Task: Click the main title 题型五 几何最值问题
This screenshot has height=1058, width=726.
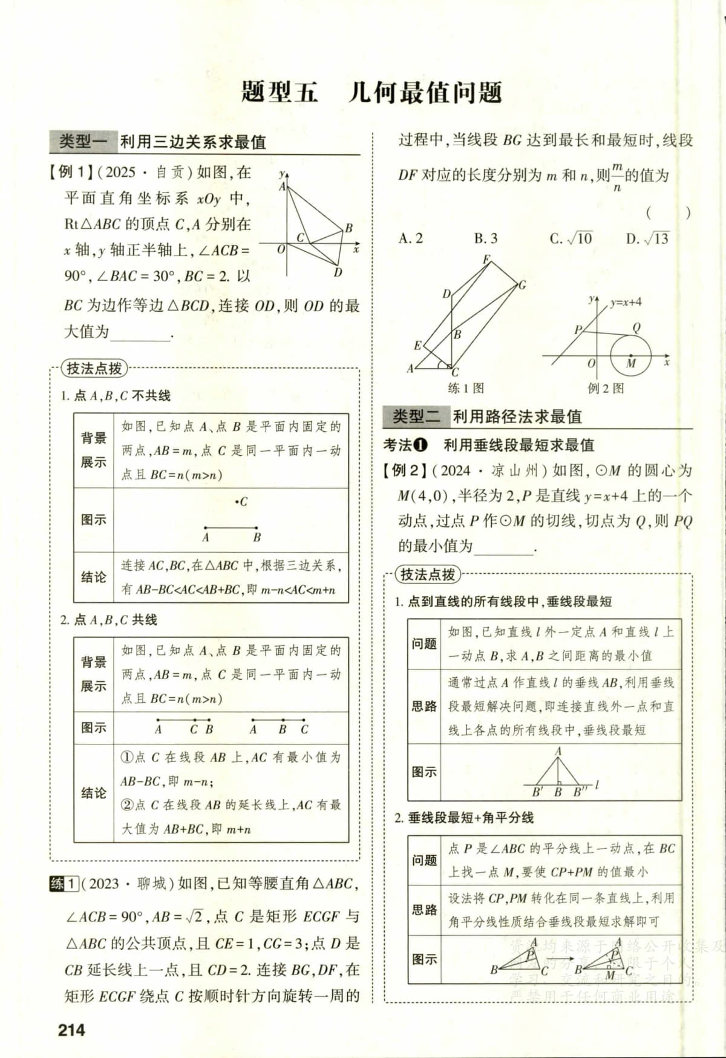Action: pyautogui.click(x=371, y=92)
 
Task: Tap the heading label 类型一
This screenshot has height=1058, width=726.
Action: pyautogui.click(x=83, y=142)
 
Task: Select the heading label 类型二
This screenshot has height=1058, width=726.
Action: pyautogui.click(x=417, y=416)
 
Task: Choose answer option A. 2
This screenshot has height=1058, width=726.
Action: pyautogui.click(x=411, y=238)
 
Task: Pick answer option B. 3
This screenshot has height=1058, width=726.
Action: pyautogui.click(x=485, y=238)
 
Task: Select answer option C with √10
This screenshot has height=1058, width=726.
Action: pyautogui.click(x=571, y=238)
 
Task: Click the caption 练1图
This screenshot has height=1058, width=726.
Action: pyautogui.click(x=466, y=388)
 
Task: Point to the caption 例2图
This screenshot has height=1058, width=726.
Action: pyautogui.click(x=606, y=388)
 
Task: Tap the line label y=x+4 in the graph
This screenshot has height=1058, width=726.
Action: pyautogui.click(x=626, y=302)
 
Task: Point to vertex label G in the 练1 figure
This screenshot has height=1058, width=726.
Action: pyautogui.click(x=522, y=284)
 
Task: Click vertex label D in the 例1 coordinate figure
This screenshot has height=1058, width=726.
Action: pyautogui.click(x=338, y=272)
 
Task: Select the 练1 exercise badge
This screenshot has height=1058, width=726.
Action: pyautogui.click(x=64, y=884)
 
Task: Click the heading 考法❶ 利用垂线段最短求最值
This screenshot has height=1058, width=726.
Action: pyautogui.click(x=488, y=445)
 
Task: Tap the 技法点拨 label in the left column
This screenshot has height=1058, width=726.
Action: pyautogui.click(x=94, y=368)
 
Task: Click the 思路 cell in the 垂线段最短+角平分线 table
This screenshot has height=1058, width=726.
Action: pyautogui.click(x=424, y=910)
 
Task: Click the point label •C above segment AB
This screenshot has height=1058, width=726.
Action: pyautogui.click(x=241, y=502)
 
